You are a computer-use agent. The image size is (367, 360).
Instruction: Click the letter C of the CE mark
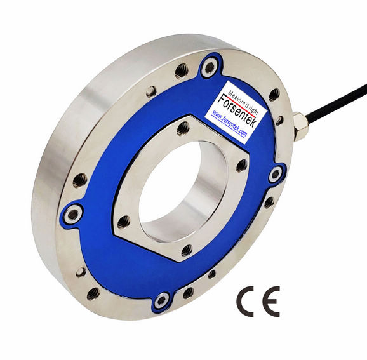[248, 302]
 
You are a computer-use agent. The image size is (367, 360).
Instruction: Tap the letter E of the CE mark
[272, 302]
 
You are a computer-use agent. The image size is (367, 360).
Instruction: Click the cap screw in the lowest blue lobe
[161, 299]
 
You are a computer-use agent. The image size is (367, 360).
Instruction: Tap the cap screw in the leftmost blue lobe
[71, 215]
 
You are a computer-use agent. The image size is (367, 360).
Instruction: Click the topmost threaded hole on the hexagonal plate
[183, 127]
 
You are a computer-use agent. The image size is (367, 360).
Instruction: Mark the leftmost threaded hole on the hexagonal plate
[124, 221]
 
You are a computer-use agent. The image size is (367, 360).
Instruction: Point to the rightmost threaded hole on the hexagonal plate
[241, 165]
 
